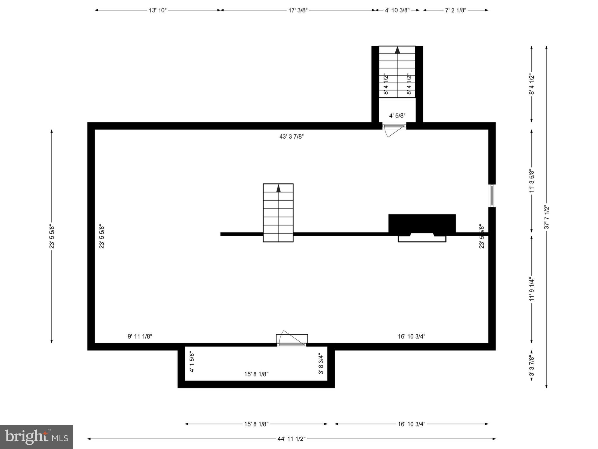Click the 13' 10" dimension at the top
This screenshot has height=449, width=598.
(x=157, y=10)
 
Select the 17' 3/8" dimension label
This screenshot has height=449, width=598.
(x=298, y=10)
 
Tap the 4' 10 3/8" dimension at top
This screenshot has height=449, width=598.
(x=397, y=10)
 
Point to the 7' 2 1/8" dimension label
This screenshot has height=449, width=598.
(x=456, y=10)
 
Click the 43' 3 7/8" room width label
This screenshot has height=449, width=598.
(x=291, y=137)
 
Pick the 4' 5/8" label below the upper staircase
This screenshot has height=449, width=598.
(x=397, y=115)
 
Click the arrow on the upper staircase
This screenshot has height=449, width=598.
(x=397, y=50)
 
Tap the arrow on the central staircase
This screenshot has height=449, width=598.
(x=278, y=189)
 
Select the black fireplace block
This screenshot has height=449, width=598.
(x=422, y=224)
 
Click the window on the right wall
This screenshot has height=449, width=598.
(x=492, y=196)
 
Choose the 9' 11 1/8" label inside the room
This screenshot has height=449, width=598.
(x=140, y=336)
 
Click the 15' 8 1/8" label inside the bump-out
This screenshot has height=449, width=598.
(x=256, y=374)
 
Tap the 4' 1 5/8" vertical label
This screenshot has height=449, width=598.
(x=192, y=362)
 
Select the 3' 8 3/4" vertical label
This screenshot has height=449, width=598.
(x=321, y=364)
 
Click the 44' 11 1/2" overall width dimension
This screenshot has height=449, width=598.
(x=291, y=439)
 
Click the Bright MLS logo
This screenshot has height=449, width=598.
(x=36, y=437)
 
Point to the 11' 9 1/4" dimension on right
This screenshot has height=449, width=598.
(x=532, y=289)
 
